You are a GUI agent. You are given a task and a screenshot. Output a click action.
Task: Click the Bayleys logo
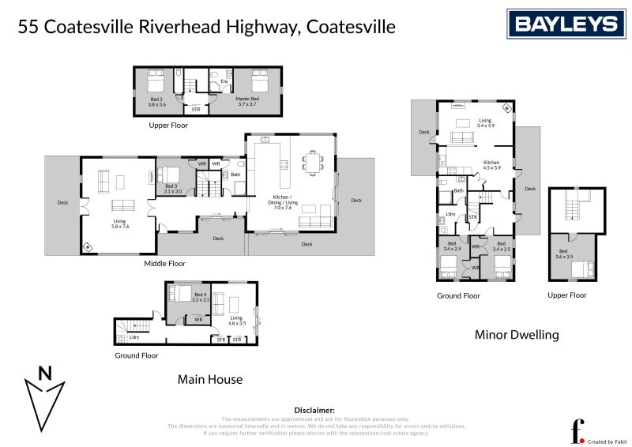point(566,24)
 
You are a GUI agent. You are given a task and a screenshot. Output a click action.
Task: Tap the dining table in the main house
point(314,163)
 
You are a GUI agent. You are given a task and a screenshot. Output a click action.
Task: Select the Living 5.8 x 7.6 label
point(119,224)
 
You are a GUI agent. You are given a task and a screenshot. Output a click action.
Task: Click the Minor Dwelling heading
point(517,335)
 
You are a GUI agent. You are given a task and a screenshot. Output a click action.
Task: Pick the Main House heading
point(209,380)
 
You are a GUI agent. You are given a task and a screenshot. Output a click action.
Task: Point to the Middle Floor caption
point(164,264)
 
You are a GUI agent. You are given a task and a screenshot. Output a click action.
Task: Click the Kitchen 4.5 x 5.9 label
point(492,165)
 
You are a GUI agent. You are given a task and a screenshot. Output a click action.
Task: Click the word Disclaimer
point(314,411)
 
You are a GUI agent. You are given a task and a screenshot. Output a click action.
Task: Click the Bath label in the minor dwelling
point(458,191)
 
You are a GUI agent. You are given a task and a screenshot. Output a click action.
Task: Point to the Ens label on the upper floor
point(224,81)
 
